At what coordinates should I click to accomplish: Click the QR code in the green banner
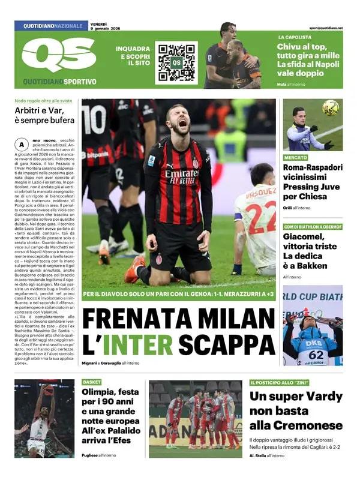click(176, 62)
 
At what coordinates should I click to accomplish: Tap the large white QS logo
click(59, 56)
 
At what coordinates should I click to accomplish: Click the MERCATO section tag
click(296, 157)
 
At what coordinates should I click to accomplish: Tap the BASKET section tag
click(92, 382)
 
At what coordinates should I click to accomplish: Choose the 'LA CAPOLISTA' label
click(294, 37)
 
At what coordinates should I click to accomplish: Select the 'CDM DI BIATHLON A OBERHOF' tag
click(313, 226)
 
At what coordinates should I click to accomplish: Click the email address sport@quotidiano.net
click(326, 28)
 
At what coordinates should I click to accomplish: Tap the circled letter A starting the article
click(22, 145)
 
